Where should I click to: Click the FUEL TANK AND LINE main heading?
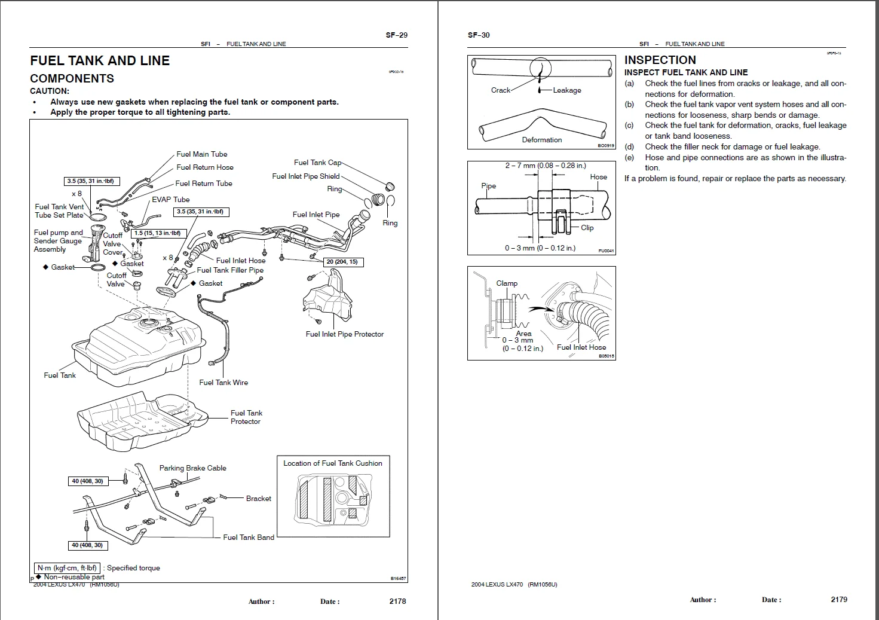[100, 60]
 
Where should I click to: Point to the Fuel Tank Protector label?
[246, 417]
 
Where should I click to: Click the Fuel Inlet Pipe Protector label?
[344, 334]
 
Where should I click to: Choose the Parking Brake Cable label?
[192, 468]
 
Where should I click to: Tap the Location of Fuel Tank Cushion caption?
[332, 463]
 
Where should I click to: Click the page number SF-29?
[396, 35]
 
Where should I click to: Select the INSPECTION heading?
[660, 60]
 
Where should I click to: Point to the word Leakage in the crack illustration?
[566, 90]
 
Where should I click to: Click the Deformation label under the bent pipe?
[541, 140]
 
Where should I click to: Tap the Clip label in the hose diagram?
[587, 228]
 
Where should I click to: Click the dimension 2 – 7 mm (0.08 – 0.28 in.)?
[545, 166]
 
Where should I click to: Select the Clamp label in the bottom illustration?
[507, 283]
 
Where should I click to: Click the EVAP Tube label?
[170, 200]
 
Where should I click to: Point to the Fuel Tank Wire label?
[223, 383]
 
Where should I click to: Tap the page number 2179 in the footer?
[838, 599]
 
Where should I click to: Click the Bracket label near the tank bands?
[258, 499]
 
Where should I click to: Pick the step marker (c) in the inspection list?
[629, 126]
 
